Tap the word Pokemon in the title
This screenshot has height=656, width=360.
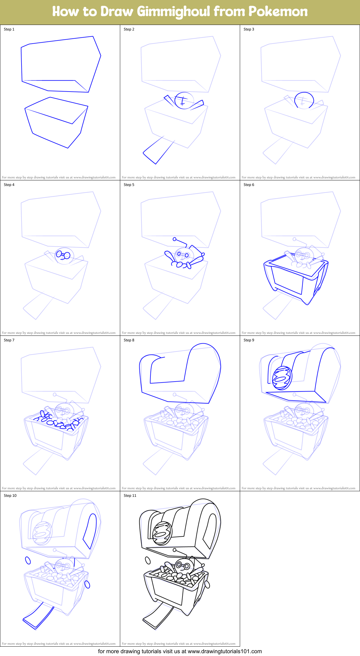tap(278, 12)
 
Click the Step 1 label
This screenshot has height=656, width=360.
tap(9, 29)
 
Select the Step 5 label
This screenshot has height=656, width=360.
tap(129, 185)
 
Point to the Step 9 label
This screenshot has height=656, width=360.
tap(249, 340)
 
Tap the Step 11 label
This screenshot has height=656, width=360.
tap(130, 496)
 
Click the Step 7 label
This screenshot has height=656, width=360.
tap(9, 340)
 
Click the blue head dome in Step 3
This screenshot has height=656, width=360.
tap(304, 99)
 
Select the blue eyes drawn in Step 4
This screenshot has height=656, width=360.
tap(63, 255)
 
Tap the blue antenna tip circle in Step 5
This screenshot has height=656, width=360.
tap(175, 239)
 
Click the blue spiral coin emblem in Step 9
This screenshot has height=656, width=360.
tap(282, 378)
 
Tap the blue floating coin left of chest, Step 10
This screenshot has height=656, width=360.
tap(28, 560)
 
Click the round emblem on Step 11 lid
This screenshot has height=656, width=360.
tap(162, 533)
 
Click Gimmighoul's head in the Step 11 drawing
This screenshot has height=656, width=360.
tap(182, 565)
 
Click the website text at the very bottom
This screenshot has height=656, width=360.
tap(180, 651)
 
